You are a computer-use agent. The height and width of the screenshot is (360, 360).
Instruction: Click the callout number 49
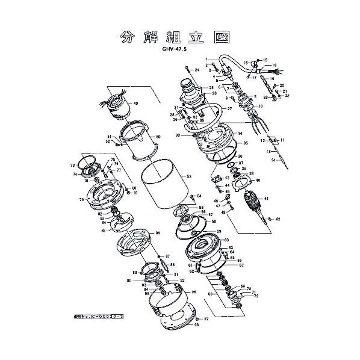[136, 104]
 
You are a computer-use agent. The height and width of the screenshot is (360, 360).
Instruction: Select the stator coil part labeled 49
[117, 108]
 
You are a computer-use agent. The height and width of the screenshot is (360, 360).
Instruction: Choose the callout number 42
[278, 219]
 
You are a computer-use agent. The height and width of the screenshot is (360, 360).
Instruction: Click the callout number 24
[196, 71]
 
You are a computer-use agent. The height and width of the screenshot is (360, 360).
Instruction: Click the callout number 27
[229, 108]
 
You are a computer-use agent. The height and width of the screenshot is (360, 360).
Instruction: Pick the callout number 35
[246, 144]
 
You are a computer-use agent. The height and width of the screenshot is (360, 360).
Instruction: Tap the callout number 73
[72, 165]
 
